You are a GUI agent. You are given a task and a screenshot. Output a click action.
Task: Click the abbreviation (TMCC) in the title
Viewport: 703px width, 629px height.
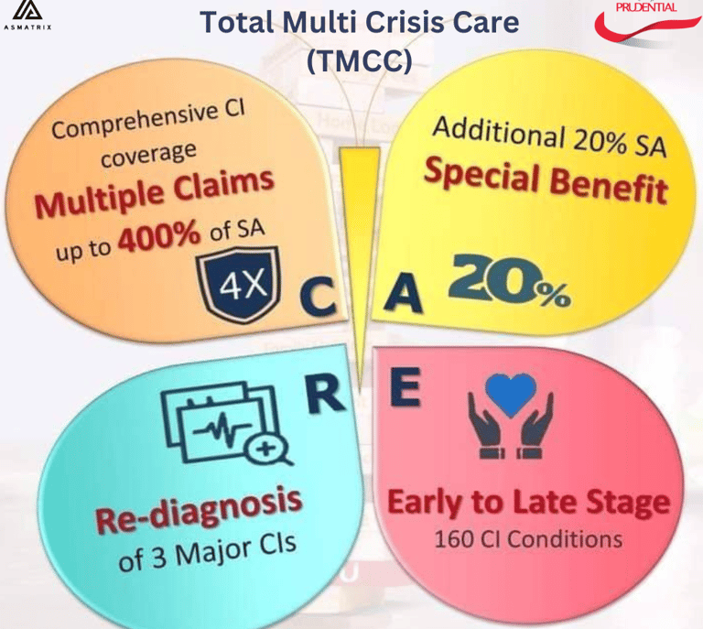click(360, 60)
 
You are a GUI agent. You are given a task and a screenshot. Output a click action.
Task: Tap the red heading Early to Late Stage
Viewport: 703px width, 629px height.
click(527, 503)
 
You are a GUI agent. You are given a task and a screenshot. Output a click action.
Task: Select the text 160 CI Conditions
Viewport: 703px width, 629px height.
click(527, 537)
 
